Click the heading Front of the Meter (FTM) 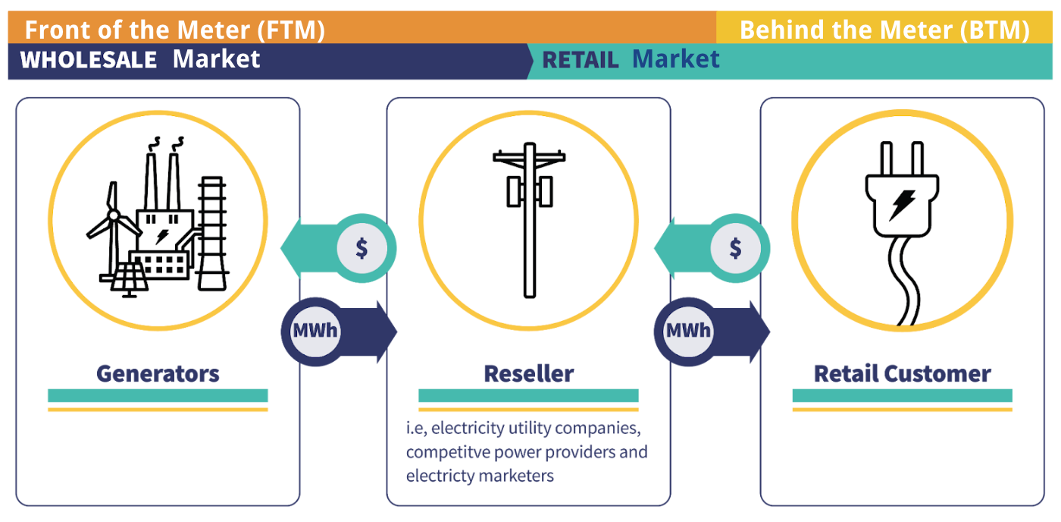coord(174,30)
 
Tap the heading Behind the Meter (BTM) coord(884,30)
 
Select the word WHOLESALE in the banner coord(89,60)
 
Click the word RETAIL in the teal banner coord(581,61)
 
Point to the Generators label coord(158,373)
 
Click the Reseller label coord(528,373)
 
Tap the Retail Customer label coord(902,373)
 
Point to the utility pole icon coord(529,220)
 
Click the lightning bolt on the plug coord(902,203)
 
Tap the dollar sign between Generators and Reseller coord(361,248)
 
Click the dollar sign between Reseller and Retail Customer coord(735,248)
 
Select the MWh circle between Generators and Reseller coord(315,331)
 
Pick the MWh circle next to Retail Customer coord(688,331)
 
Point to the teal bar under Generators coord(158,395)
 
